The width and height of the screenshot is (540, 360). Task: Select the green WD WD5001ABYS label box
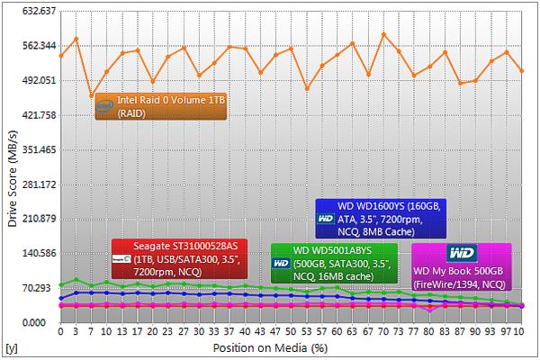(x=334, y=263)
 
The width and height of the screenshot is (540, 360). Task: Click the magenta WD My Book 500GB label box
(x=462, y=266)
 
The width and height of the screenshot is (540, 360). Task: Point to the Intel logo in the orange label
(x=106, y=107)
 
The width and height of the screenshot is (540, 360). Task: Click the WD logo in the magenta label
(x=462, y=252)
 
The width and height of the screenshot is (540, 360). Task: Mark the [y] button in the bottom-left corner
(x=11, y=346)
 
